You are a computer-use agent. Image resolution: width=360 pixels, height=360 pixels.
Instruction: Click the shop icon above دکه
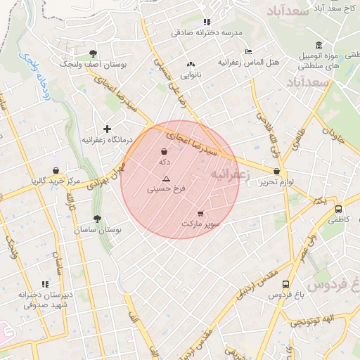(164, 151)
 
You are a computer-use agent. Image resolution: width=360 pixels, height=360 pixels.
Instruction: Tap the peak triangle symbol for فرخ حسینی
(166, 179)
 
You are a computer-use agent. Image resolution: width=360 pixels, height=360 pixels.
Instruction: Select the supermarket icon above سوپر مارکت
(200, 213)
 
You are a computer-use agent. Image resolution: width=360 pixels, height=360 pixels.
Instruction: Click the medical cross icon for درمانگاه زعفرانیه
(107, 129)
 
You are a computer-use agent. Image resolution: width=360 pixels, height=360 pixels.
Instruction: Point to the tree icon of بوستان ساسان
(97, 219)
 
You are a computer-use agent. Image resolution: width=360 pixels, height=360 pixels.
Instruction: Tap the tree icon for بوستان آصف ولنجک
(93, 53)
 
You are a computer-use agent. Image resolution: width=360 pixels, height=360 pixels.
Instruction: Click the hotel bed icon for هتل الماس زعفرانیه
(247, 51)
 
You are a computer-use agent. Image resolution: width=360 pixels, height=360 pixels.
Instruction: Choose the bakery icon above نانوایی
(191, 64)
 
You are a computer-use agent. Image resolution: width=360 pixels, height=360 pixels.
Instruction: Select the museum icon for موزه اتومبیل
(319, 45)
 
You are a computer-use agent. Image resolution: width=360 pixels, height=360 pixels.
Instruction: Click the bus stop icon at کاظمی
(338, 209)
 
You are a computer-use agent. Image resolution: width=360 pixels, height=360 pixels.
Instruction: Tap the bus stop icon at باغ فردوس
(285, 284)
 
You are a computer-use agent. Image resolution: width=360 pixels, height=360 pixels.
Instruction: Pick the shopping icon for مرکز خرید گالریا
(56, 170)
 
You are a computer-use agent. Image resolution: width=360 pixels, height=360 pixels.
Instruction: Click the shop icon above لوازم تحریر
(276, 171)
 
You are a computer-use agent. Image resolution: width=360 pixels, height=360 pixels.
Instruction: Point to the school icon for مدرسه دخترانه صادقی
(206, 22)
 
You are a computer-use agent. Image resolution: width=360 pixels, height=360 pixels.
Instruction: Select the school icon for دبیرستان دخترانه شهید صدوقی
(46, 284)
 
